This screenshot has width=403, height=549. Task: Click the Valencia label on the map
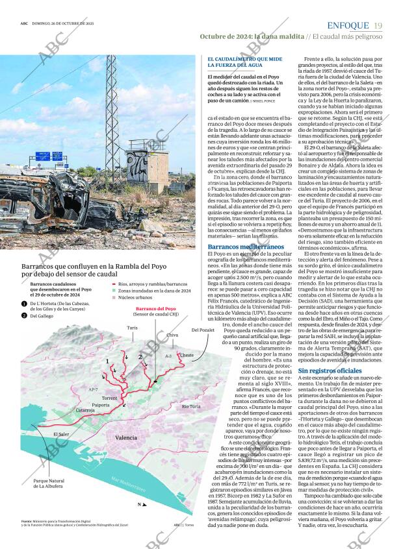[x=125, y=438]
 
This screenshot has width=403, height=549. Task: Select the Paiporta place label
[x=101, y=404]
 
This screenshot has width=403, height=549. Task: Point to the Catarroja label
[x=84, y=410]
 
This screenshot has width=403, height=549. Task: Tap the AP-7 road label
[x=93, y=389]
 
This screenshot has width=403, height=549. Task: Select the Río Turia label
[x=190, y=406]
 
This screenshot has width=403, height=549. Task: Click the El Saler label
[x=62, y=434]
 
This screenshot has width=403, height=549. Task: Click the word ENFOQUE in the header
[x=348, y=25]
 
